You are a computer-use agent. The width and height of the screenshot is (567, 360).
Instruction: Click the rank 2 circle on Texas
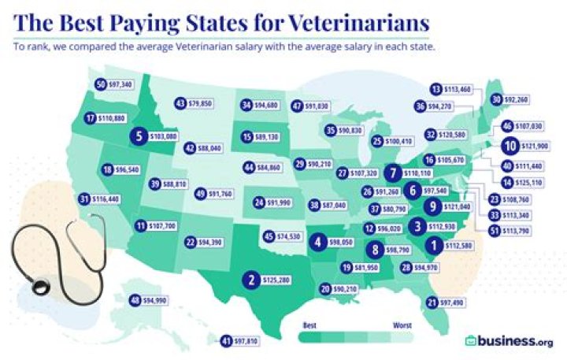click(251, 278)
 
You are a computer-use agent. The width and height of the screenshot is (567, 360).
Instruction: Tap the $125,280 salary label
click(280, 279)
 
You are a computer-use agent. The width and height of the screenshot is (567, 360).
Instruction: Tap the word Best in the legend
click(310, 323)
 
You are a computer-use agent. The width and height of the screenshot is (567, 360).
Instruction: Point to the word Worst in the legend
click(401, 323)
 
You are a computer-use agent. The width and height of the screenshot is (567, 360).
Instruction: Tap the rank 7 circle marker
click(393, 172)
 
